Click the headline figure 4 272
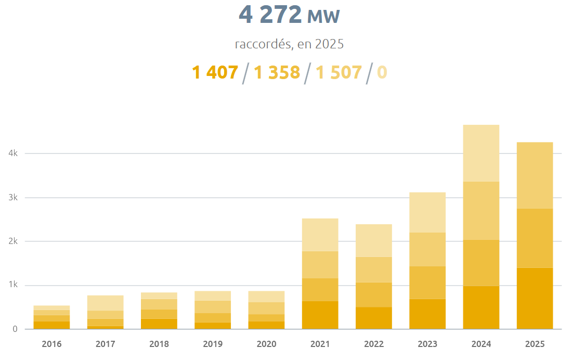pyautogui.click(x=270, y=15)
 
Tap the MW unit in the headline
pyautogui.click(x=323, y=17)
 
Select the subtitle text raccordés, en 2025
pyautogui.click(x=289, y=44)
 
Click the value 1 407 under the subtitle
pyautogui.click(x=215, y=72)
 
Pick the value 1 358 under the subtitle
pyautogui.click(x=277, y=72)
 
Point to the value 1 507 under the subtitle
pyautogui.click(x=339, y=72)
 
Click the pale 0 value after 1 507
pyautogui.click(x=382, y=72)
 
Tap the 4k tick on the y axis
pyautogui.click(x=13, y=153)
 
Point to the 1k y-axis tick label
pyautogui.click(x=13, y=285)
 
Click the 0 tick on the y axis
pyautogui.click(x=15, y=329)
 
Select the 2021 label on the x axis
pyautogui.click(x=320, y=344)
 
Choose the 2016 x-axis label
pyautogui.click(x=51, y=344)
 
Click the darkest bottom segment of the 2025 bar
pyautogui.click(x=535, y=298)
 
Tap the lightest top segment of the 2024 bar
pyautogui.click(x=481, y=153)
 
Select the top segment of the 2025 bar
pyautogui.click(x=535, y=175)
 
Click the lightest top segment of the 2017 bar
pyautogui.click(x=105, y=303)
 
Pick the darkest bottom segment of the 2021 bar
pyautogui.click(x=320, y=315)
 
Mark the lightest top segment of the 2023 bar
pyautogui.click(x=427, y=212)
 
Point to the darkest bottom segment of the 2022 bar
pyautogui.click(x=374, y=318)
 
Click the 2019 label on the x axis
pyautogui.click(x=213, y=344)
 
